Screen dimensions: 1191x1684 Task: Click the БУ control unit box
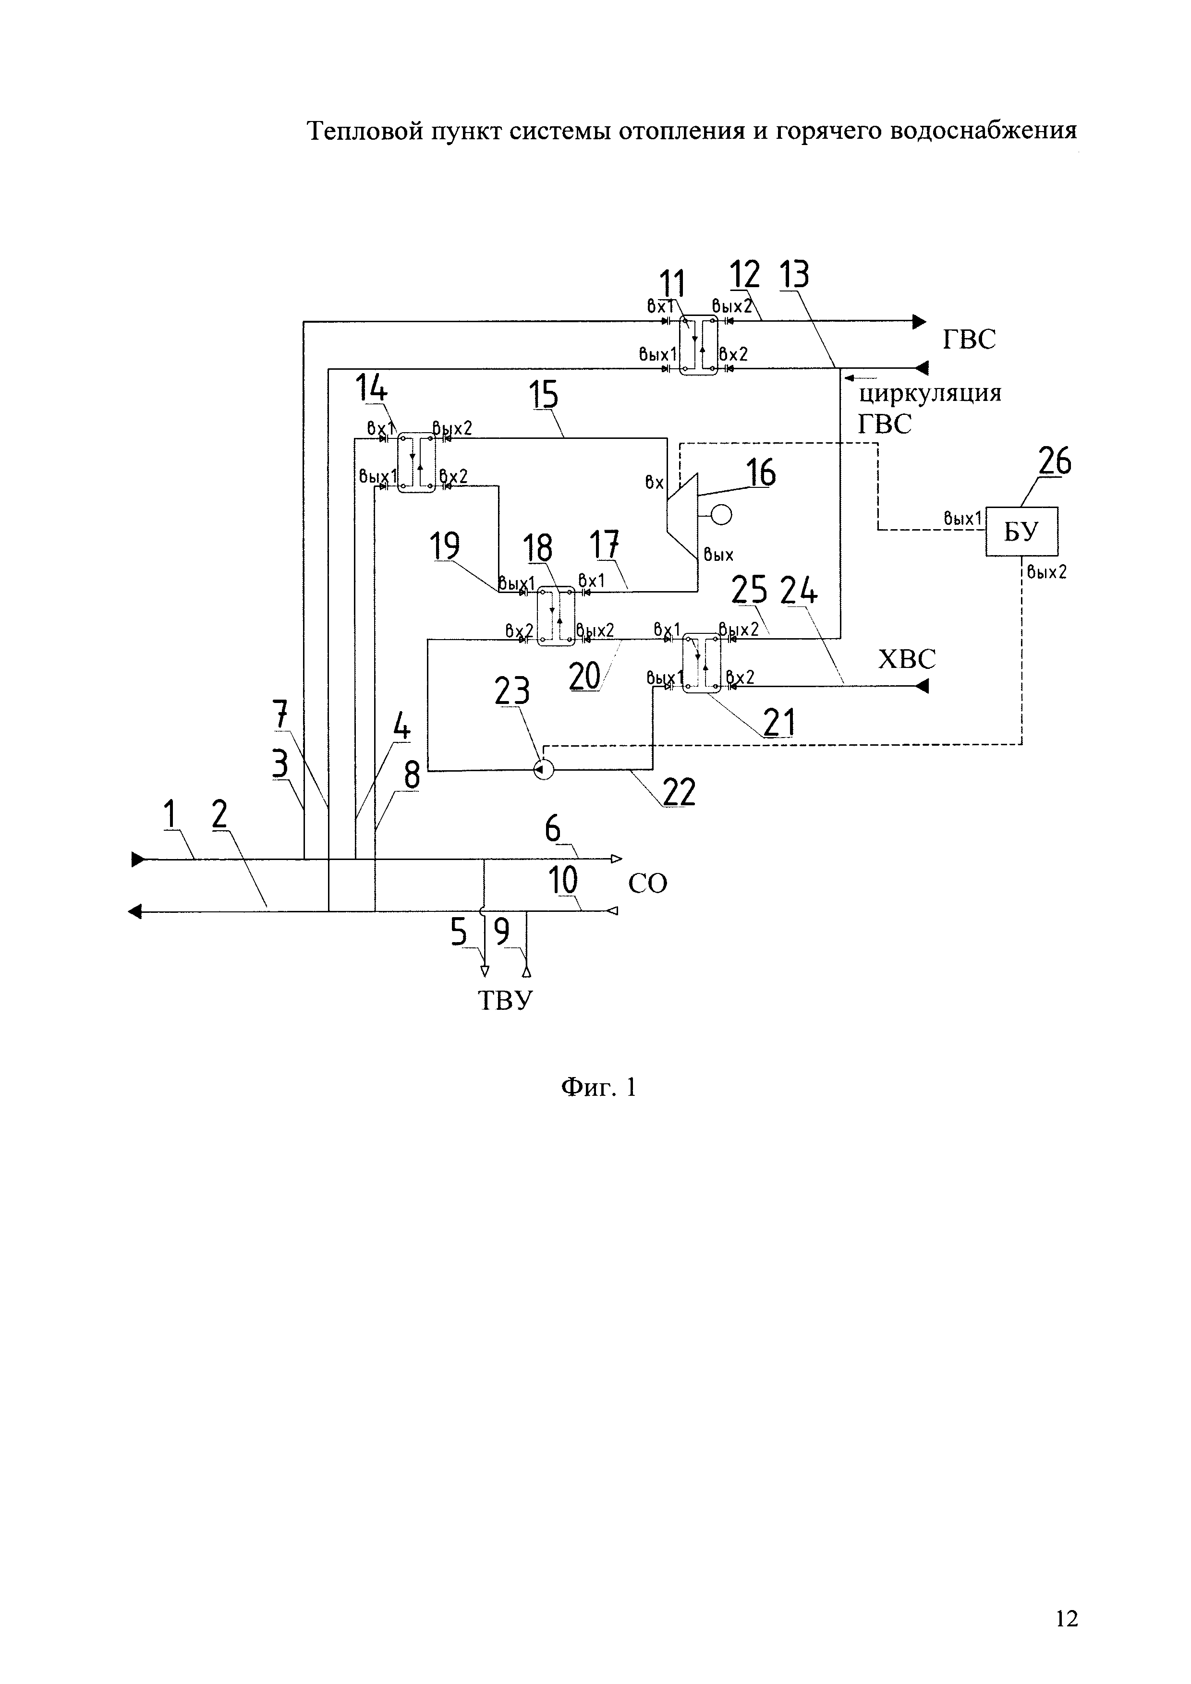pos(1021,531)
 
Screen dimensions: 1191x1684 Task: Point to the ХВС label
pos(907,659)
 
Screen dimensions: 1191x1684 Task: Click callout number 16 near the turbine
pos(761,473)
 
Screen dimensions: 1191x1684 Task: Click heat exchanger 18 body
pos(556,616)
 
